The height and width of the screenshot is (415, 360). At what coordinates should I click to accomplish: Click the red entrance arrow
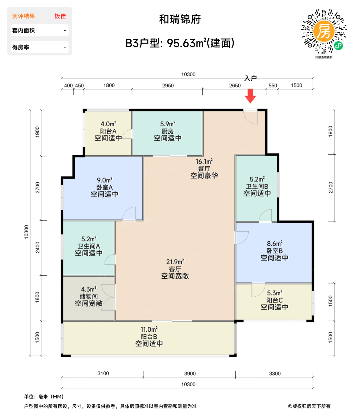click(x=250, y=96)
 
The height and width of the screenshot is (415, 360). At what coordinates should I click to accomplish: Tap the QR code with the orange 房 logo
click(x=324, y=32)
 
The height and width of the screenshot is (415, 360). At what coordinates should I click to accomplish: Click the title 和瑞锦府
click(x=180, y=19)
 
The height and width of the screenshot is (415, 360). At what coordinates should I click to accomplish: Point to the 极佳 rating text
click(x=60, y=16)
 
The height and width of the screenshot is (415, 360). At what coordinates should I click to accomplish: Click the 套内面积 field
click(x=39, y=31)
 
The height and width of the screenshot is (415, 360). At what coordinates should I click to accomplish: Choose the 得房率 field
click(x=39, y=47)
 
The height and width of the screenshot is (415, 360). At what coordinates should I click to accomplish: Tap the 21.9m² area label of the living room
click(x=175, y=262)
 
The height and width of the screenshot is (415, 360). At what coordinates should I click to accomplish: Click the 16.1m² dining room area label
click(x=204, y=162)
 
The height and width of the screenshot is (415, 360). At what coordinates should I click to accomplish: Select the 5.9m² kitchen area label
click(x=167, y=124)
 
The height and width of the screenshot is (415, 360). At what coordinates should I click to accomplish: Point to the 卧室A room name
click(x=104, y=187)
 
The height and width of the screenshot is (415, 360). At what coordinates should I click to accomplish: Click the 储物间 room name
click(x=89, y=296)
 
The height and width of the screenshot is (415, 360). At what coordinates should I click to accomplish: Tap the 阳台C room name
click(x=274, y=300)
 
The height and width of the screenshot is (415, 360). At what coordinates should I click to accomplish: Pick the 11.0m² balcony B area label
click(x=149, y=329)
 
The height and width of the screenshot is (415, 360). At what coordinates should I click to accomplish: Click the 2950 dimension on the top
click(x=168, y=86)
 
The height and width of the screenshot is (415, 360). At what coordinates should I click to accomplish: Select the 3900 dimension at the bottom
click(x=190, y=373)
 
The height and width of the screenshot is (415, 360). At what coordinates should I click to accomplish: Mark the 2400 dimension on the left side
click(x=38, y=247)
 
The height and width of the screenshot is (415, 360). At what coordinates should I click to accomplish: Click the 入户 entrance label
click(x=250, y=78)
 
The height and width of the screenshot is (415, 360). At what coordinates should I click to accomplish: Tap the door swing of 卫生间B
click(x=265, y=216)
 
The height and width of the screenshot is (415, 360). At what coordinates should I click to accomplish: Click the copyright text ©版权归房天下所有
click(x=309, y=406)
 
